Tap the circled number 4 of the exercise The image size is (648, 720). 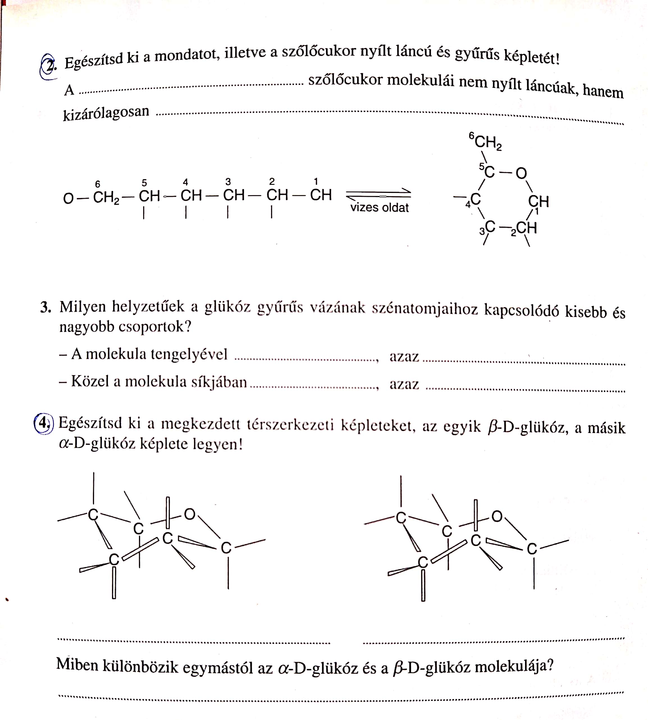(x=43, y=423)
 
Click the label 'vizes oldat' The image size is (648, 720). (x=379, y=208)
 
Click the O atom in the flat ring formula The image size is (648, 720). (x=521, y=174)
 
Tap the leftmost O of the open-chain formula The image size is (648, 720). (x=68, y=198)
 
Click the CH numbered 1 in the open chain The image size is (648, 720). (x=321, y=195)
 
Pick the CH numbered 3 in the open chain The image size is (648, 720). (x=234, y=195)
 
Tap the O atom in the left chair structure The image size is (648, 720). (x=190, y=514)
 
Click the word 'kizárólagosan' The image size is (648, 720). (x=106, y=113)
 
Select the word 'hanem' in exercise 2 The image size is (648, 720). (x=603, y=92)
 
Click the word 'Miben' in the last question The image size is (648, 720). (x=77, y=665)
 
